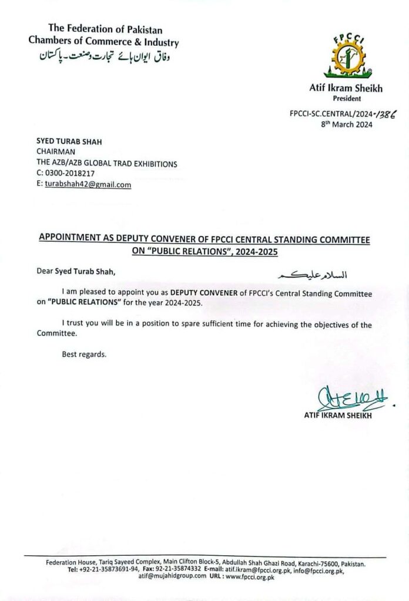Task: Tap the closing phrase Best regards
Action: pyautogui.click(x=85, y=354)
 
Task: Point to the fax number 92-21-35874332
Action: pyautogui.click(x=177, y=570)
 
